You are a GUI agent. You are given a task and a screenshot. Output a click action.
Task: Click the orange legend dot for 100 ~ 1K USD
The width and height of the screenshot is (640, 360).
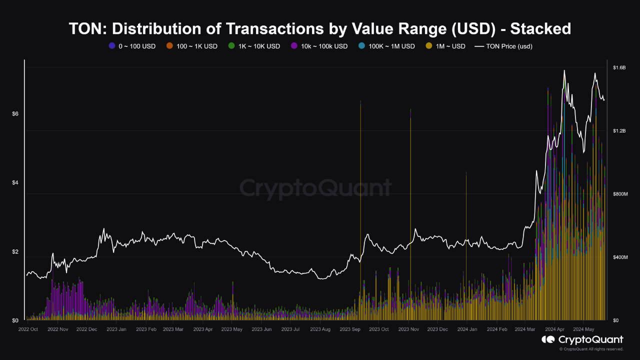point(169,46)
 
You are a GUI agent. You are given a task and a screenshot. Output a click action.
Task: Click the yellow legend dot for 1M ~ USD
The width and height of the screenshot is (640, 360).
point(428,46)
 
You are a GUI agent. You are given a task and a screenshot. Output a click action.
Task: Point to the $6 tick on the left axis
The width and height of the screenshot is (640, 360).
point(15,114)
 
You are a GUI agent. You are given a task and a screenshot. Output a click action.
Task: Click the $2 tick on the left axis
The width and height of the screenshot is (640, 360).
point(15,251)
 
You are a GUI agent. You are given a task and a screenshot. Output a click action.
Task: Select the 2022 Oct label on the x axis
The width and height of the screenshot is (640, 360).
point(28,329)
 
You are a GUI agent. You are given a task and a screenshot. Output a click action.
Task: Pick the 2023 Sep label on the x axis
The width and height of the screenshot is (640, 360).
point(349,329)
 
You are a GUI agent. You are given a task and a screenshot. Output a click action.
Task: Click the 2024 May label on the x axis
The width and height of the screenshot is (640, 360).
point(583,329)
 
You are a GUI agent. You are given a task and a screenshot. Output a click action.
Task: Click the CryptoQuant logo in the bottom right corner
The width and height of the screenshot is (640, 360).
point(582,340)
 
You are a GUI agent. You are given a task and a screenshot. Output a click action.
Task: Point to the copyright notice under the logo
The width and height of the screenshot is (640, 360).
point(591,349)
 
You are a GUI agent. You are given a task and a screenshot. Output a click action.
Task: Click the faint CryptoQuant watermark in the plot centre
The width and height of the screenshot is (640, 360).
point(315,188)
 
